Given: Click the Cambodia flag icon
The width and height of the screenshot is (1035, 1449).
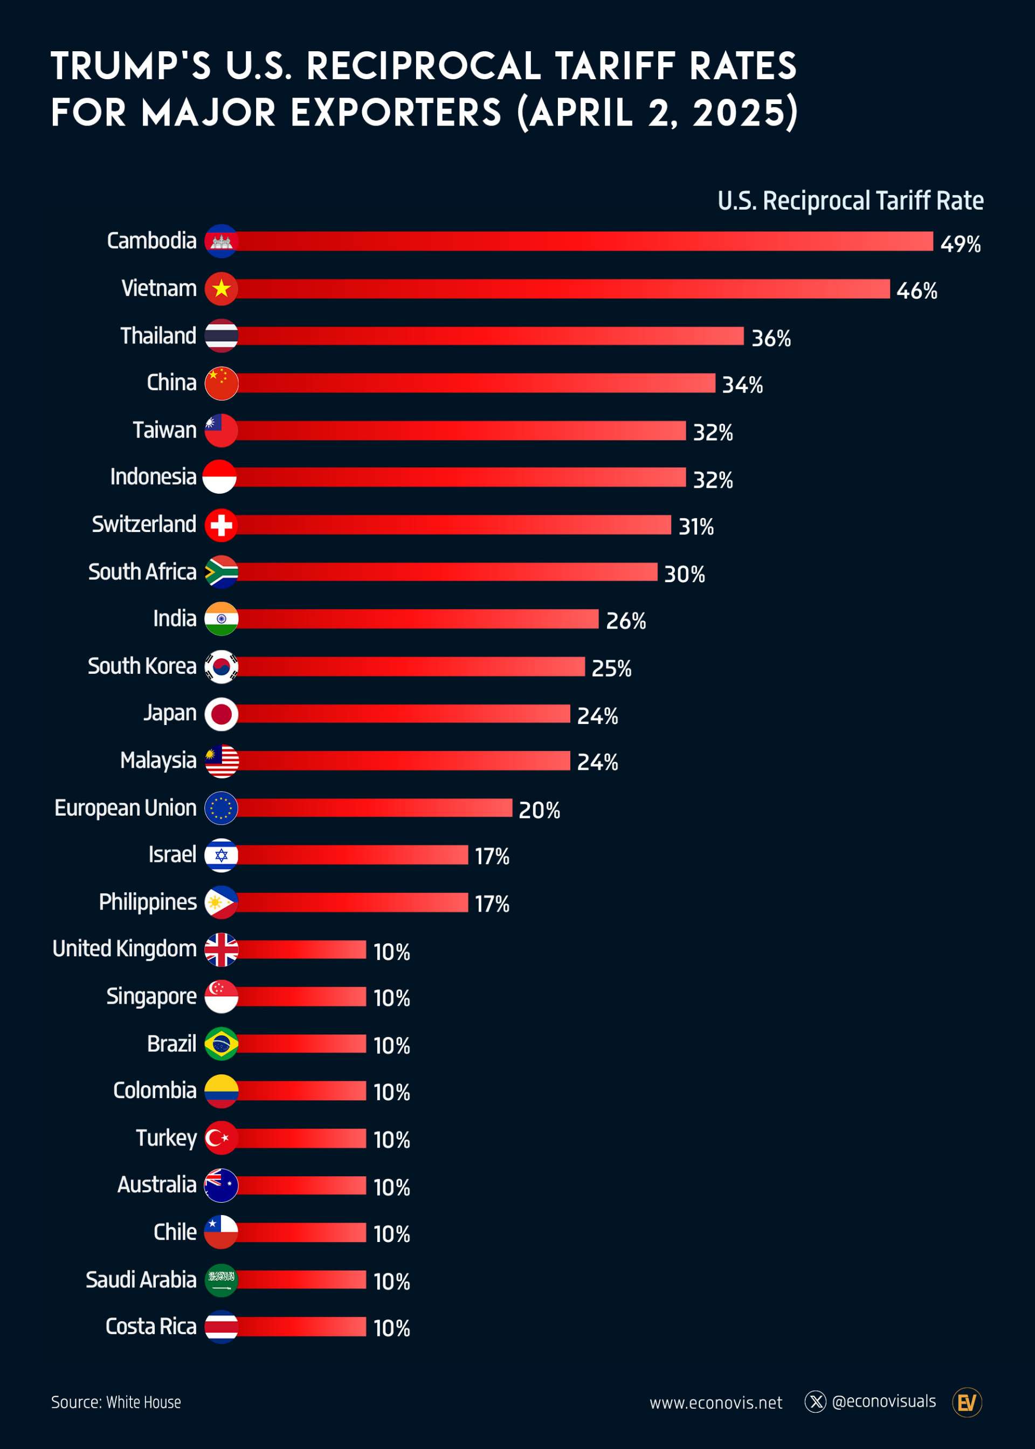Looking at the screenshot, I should (221, 241).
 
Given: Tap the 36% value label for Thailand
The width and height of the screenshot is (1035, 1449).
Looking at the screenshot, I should (771, 337).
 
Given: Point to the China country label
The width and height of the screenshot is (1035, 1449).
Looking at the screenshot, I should (171, 382).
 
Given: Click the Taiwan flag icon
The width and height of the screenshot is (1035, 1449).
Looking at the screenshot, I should (221, 430).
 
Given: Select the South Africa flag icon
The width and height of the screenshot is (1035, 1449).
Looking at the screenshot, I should (221, 571).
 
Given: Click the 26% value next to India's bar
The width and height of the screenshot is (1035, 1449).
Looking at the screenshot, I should (626, 620).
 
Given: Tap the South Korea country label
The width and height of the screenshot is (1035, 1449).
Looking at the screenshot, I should (142, 666).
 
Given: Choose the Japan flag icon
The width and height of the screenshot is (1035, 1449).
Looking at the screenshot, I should (221, 714).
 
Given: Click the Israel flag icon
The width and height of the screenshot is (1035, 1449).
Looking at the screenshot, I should (221, 854).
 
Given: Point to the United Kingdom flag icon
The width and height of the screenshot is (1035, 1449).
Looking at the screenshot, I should (221, 949).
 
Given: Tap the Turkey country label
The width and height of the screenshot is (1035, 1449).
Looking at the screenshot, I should (167, 1137).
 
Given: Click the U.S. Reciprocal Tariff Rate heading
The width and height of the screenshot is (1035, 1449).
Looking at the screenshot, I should (850, 201).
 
